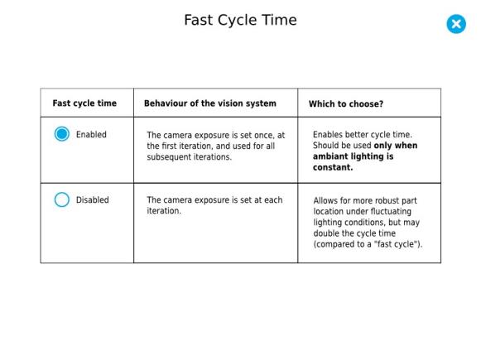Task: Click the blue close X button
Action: (x=456, y=24)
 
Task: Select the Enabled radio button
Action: (x=61, y=134)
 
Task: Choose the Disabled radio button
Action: (x=61, y=199)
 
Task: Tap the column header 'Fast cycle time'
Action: (x=84, y=103)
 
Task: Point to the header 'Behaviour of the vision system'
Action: (x=210, y=103)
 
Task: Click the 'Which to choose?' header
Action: (x=346, y=104)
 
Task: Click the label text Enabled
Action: (x=91, y=134)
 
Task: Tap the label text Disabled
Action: (x=93, y=200)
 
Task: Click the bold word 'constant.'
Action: (x=333, y=167)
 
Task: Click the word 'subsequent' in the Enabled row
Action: (x=168, y=157)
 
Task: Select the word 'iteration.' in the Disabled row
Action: (x=164, y=211)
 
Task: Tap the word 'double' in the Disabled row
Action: (x=326, y=233)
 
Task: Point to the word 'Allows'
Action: (x=325, y=200)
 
